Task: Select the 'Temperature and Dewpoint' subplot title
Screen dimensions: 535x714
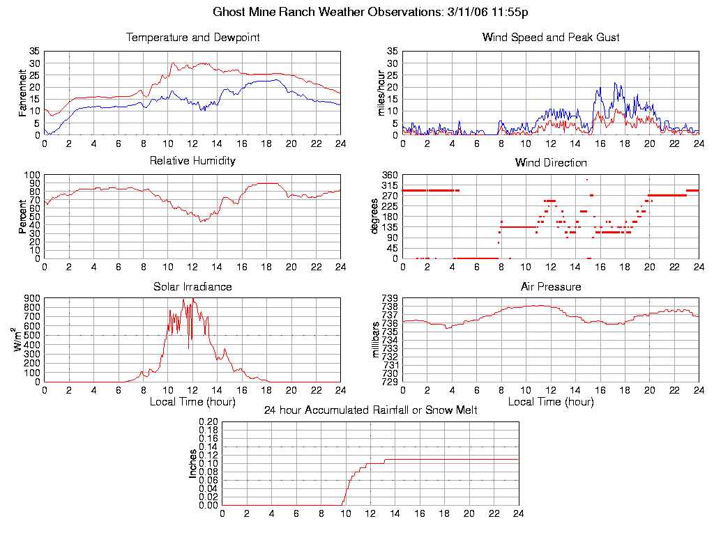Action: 192,38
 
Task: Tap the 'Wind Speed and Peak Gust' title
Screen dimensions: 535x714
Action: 551,38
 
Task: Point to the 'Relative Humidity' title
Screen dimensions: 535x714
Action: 192,161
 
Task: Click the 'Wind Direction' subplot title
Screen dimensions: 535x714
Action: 551,163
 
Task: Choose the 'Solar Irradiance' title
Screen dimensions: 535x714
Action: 192,287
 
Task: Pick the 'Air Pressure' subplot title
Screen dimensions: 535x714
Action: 551,287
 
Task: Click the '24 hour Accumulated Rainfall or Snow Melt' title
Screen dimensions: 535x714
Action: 370,410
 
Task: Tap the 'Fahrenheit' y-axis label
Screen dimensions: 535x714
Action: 23,93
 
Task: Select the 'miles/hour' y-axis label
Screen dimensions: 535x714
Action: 381,93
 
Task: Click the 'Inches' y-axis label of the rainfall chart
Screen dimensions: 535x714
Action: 193,463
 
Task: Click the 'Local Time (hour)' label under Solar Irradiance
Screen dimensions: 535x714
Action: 192,402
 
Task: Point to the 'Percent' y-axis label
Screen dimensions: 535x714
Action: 23,217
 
